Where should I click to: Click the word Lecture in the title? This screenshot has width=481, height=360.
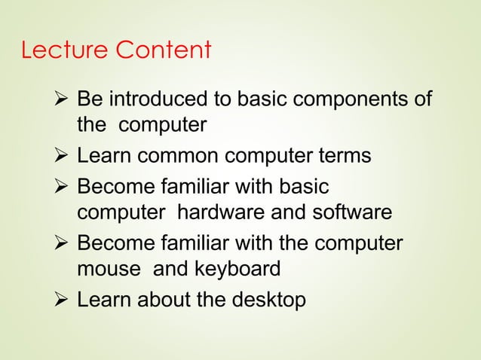[65, 51]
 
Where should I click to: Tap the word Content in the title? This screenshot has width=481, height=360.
[164, 51]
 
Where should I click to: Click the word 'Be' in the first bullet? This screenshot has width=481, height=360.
[90, 99]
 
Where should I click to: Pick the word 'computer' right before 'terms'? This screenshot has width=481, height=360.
[271, 157]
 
